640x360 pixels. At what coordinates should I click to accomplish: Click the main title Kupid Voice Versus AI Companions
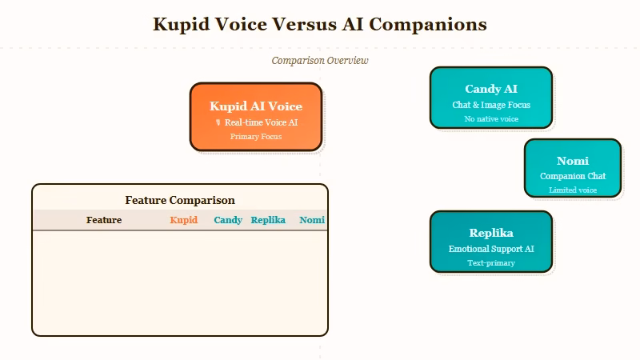(320, 24)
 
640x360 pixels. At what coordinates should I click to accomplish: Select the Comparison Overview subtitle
(320, 61)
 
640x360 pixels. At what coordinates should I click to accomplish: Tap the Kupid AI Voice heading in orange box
(256, 106)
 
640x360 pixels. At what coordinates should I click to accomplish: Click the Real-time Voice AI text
(261, 122)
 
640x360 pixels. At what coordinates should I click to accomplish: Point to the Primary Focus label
(256, 137)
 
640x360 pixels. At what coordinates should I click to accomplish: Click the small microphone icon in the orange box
(218, 122)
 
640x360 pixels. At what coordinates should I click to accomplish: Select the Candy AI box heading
(491, 89)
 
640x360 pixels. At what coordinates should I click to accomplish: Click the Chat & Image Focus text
(491, 105)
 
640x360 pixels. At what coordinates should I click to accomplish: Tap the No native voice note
(491, 119)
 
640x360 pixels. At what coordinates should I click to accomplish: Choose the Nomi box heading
(572, 161)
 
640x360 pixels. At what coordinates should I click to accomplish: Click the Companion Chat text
(572, 176)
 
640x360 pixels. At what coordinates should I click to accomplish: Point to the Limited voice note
(572, 190)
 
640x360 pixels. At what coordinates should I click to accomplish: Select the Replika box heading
(491, 233)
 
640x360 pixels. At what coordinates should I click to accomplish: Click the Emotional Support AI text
(491, 249)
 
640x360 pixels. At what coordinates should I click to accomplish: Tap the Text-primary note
(491, 263)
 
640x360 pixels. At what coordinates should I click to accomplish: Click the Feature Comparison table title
(180, 200)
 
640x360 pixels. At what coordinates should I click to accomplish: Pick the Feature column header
(104, 220)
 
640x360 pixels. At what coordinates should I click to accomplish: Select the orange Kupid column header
(184, 220)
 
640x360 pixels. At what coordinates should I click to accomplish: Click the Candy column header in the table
(228, 220)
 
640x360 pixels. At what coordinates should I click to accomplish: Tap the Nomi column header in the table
(312, 220)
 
